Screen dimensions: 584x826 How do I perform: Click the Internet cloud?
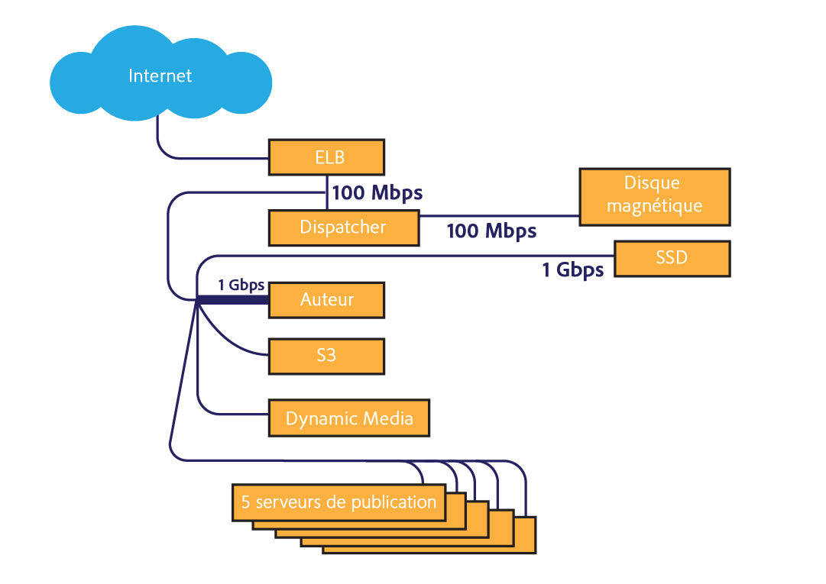[160, 76]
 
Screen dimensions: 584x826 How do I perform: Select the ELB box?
[326, 157]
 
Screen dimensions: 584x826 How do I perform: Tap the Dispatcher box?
[343, 227]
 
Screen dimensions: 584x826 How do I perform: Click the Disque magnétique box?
[654, 196]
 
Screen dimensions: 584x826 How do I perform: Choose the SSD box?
[672, 258]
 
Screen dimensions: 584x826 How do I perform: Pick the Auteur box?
[326, 299]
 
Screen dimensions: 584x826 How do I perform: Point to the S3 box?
[326, 356]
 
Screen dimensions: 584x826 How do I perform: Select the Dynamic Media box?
[349, 418]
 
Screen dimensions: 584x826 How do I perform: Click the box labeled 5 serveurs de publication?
[338, 502]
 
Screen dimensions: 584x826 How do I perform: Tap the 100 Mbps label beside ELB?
[377, 192]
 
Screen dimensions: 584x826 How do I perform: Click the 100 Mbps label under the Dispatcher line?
[491, 231]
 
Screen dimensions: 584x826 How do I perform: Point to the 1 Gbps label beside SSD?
[573, 269]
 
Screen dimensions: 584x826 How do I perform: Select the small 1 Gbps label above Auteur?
[241, 286]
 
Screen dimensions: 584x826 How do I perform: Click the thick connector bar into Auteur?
[233, 300]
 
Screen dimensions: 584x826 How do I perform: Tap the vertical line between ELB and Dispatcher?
[327, 193]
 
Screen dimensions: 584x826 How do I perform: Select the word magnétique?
[654, 206]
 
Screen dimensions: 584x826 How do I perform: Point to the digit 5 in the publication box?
[246, 502]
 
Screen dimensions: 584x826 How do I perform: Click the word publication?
[394, 502]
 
